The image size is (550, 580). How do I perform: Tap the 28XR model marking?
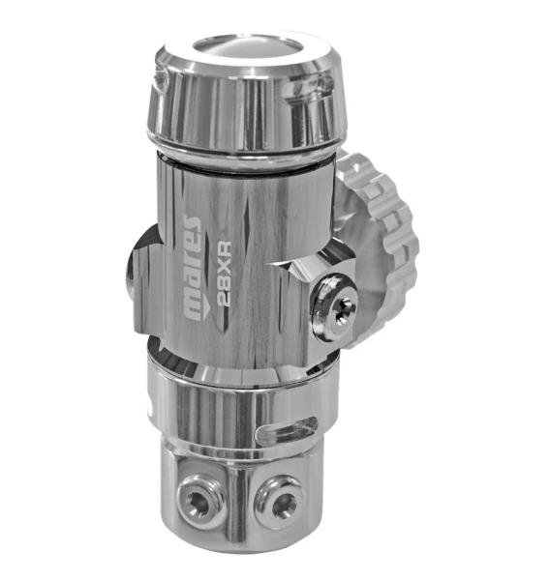pyautogui.click(x=225, y=274)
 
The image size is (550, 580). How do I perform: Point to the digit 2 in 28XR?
pyautogui.click(x=224, y=299)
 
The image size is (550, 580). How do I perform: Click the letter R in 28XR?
pyautogui.click(x=225, y=249)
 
